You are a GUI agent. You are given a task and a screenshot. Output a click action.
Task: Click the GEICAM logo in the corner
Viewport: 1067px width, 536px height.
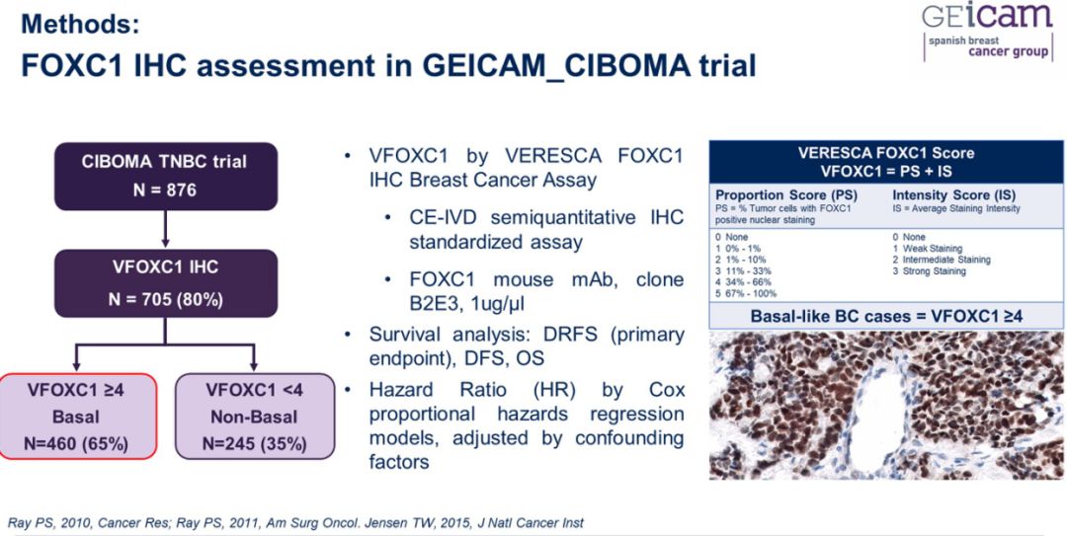pyautogui.click(x=988, y=32)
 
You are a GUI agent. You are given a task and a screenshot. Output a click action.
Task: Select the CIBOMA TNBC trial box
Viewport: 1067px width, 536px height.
pyautogui.click(x=165, y=176)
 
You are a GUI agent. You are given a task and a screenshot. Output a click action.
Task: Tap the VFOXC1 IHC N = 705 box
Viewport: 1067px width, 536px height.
pyautogui.click(x=165, y=283)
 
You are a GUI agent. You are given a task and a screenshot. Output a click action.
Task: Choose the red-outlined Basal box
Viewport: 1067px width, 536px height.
pyautogui.click(x=78, y=417)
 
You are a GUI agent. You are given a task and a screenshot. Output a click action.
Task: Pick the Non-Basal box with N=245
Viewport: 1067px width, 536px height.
pyautogui.click(x=255, y=417)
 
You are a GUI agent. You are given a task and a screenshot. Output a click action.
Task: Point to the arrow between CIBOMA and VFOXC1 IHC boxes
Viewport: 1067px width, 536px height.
pyautogui.click(x=165, y=229)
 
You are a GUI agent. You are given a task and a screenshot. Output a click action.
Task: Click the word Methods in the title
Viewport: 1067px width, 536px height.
pyautogui.click(x=79, y=25)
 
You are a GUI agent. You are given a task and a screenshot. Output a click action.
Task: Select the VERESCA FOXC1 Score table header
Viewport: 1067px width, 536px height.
pyautogui.click(x=886, y=161)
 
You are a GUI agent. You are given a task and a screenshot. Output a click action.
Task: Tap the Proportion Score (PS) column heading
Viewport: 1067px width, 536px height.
pyautogui.click(x=786, y=195)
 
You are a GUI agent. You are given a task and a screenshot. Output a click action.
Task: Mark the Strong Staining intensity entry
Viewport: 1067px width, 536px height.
pyautogui.click(x=930, y=270)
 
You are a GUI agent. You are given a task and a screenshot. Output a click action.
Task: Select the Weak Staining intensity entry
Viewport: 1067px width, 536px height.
pyautogui.click(x=927, y=249)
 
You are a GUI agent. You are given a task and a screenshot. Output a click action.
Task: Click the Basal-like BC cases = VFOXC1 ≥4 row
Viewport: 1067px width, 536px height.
pyautogui.click(x=886, y=316)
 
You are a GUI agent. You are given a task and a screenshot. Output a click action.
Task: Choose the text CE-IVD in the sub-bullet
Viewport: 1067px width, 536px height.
pyautogui.click(x=442, y=218)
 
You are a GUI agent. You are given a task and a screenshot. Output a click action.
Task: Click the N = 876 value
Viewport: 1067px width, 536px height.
pyautogui.click(x=165, y=190)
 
